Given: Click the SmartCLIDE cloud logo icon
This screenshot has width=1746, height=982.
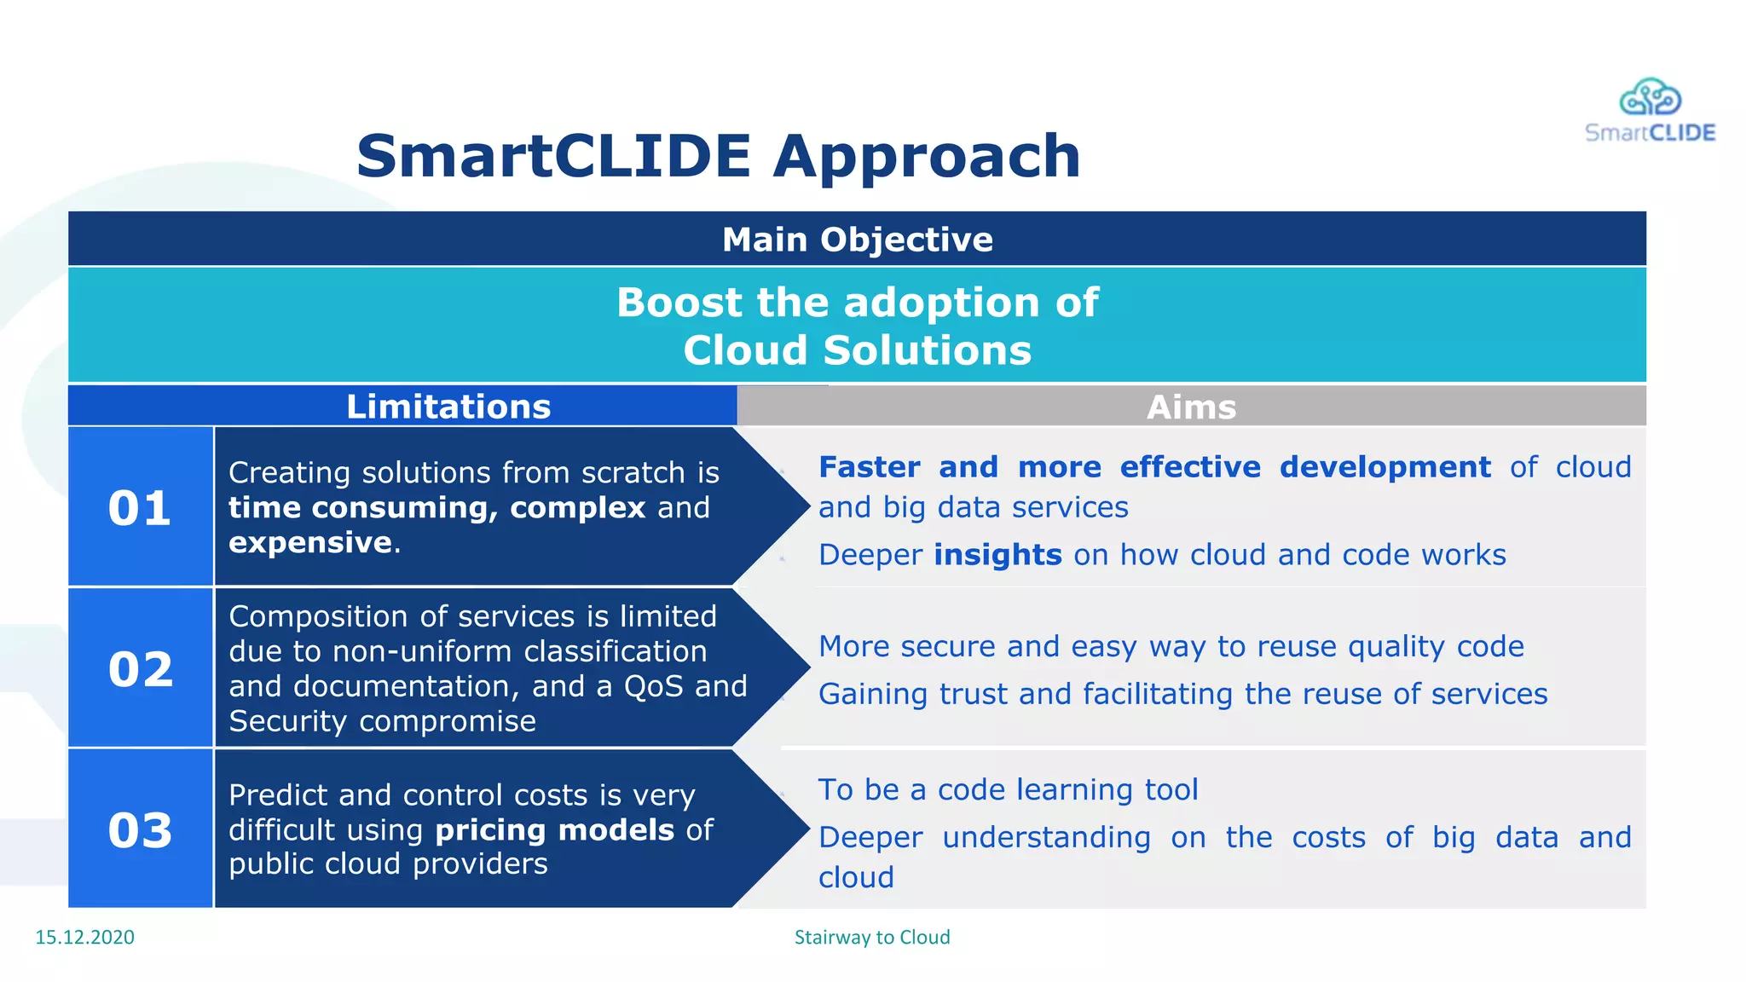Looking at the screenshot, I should (1650, 96).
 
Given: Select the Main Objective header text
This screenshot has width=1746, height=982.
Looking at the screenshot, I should (857, 240).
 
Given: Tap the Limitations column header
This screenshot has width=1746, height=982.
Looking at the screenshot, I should (448, 407).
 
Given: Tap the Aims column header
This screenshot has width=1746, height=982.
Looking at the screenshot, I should (1191, 407).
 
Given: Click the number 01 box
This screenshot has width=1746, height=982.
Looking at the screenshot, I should (140, 508).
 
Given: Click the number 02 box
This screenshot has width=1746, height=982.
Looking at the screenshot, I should (140, 669).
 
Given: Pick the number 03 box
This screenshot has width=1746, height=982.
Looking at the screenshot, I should (140, 830).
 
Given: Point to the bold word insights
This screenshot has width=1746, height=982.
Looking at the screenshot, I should (997, 555).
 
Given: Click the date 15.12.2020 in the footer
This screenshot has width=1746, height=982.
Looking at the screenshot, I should (84, 937).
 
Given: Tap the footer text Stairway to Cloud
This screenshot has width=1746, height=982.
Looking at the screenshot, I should (871, 937).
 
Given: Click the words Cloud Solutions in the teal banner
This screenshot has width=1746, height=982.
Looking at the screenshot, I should (857, 350).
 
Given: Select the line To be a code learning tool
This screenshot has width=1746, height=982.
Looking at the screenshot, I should (1008, 789).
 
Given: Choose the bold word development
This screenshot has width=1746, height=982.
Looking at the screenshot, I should (1385, 467).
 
